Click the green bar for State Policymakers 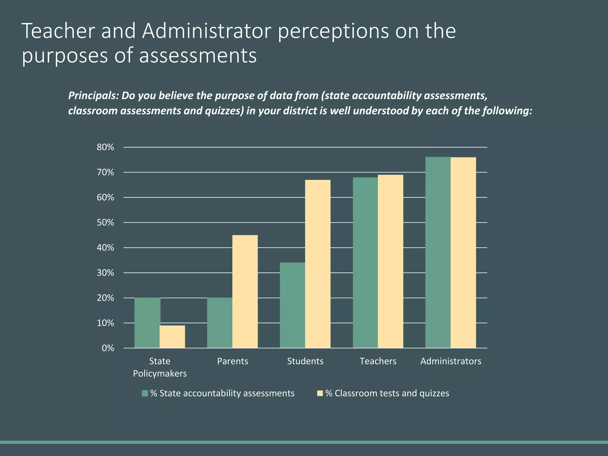point(147,323)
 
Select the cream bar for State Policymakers point(172,337)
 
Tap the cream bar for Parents point(245,291)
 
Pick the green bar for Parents point(220,323)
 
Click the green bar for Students point(292,305)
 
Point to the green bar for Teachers point(365,262)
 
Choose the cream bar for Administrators point(463,252)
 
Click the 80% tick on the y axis point(105,147)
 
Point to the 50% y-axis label point(105,223)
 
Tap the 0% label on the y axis point(108,348)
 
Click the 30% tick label point(105,273)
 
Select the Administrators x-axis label point(451,361)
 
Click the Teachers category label point(378,361)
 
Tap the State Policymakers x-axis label point(160,367)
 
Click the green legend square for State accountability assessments point(145,393)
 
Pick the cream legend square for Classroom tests point(320,393)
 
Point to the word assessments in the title point(198,56)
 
